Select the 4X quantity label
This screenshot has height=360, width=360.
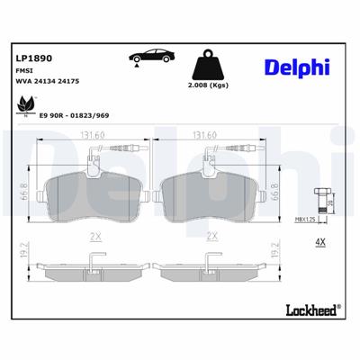319,242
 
